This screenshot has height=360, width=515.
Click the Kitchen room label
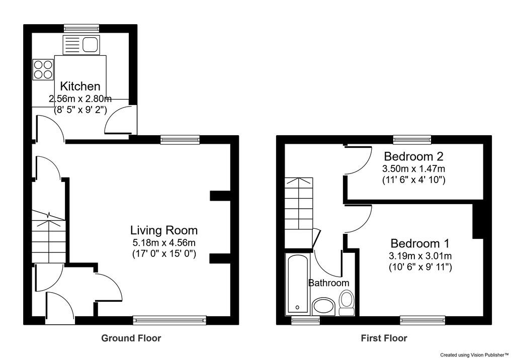point(80,86)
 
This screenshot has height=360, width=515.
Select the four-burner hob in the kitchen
point(42,69)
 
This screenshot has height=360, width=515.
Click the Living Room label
point(164,230)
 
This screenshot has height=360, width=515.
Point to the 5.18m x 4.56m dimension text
point(164,243)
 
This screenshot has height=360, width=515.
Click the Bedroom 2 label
point(413,155)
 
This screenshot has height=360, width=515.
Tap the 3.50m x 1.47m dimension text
point(414,168)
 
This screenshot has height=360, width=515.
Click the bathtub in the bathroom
point(296,284)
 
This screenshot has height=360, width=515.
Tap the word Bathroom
point(328,283)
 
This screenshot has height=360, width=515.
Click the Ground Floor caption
point(131,338)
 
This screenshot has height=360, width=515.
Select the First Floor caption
point(384,338)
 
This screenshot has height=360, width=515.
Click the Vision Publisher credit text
point(475,355)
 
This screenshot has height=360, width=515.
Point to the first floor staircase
point(299,211)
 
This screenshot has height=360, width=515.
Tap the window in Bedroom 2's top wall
point(412,139)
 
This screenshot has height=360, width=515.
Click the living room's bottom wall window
point(169,320)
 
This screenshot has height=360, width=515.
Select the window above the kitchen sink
point(81,28)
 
